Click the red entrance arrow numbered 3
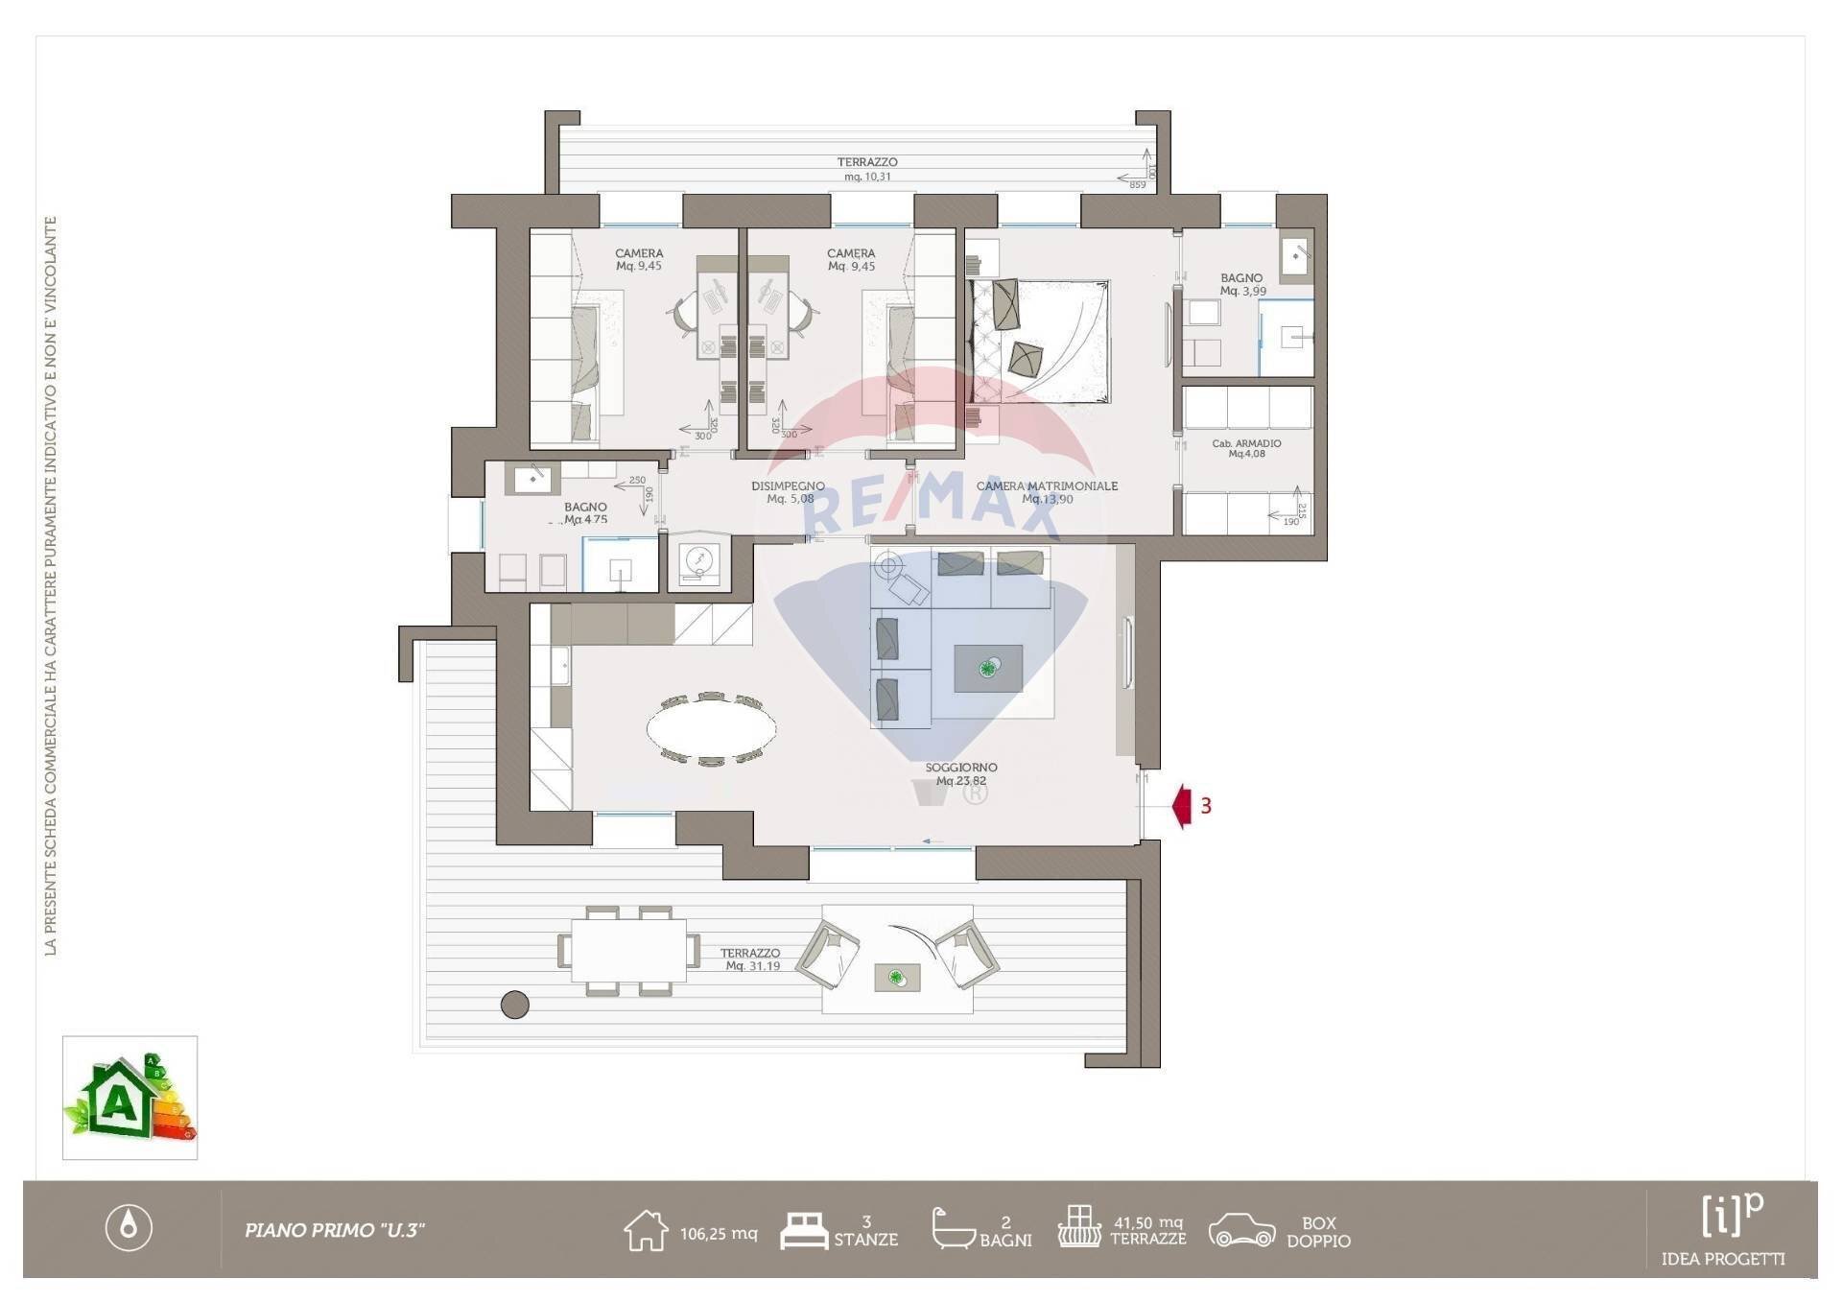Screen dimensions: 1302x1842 tap(1183, 806)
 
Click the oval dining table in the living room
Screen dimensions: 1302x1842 tap(711, 729)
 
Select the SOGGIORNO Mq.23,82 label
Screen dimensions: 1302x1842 tap(961, 774)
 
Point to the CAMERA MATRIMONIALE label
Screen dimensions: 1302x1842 tap(1047, 492)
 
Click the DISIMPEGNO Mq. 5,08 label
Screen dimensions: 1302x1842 tap(789, 492)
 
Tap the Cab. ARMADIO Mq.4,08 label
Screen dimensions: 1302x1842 tap(1246, 448)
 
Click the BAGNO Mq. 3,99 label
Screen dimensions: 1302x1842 tap(1242, 284)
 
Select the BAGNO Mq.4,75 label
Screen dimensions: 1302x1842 tap(585, 513)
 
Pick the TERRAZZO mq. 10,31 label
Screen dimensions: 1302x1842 tap(867, 169)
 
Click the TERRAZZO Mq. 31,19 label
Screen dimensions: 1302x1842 tap(751, 959)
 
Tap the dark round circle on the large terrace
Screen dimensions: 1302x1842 tap(515, 1005)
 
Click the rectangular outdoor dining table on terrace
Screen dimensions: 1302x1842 tap(628, 951)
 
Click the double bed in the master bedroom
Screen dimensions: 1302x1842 tap(1041, 342)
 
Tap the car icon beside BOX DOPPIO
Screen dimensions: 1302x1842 tap(1241, 1231)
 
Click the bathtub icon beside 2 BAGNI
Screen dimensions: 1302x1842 tap(953, 1229)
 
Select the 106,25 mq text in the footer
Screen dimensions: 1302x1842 tap(719, 1234)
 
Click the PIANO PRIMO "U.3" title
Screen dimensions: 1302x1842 tap(335, 1230)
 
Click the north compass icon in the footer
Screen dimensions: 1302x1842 tap(129, 1227)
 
